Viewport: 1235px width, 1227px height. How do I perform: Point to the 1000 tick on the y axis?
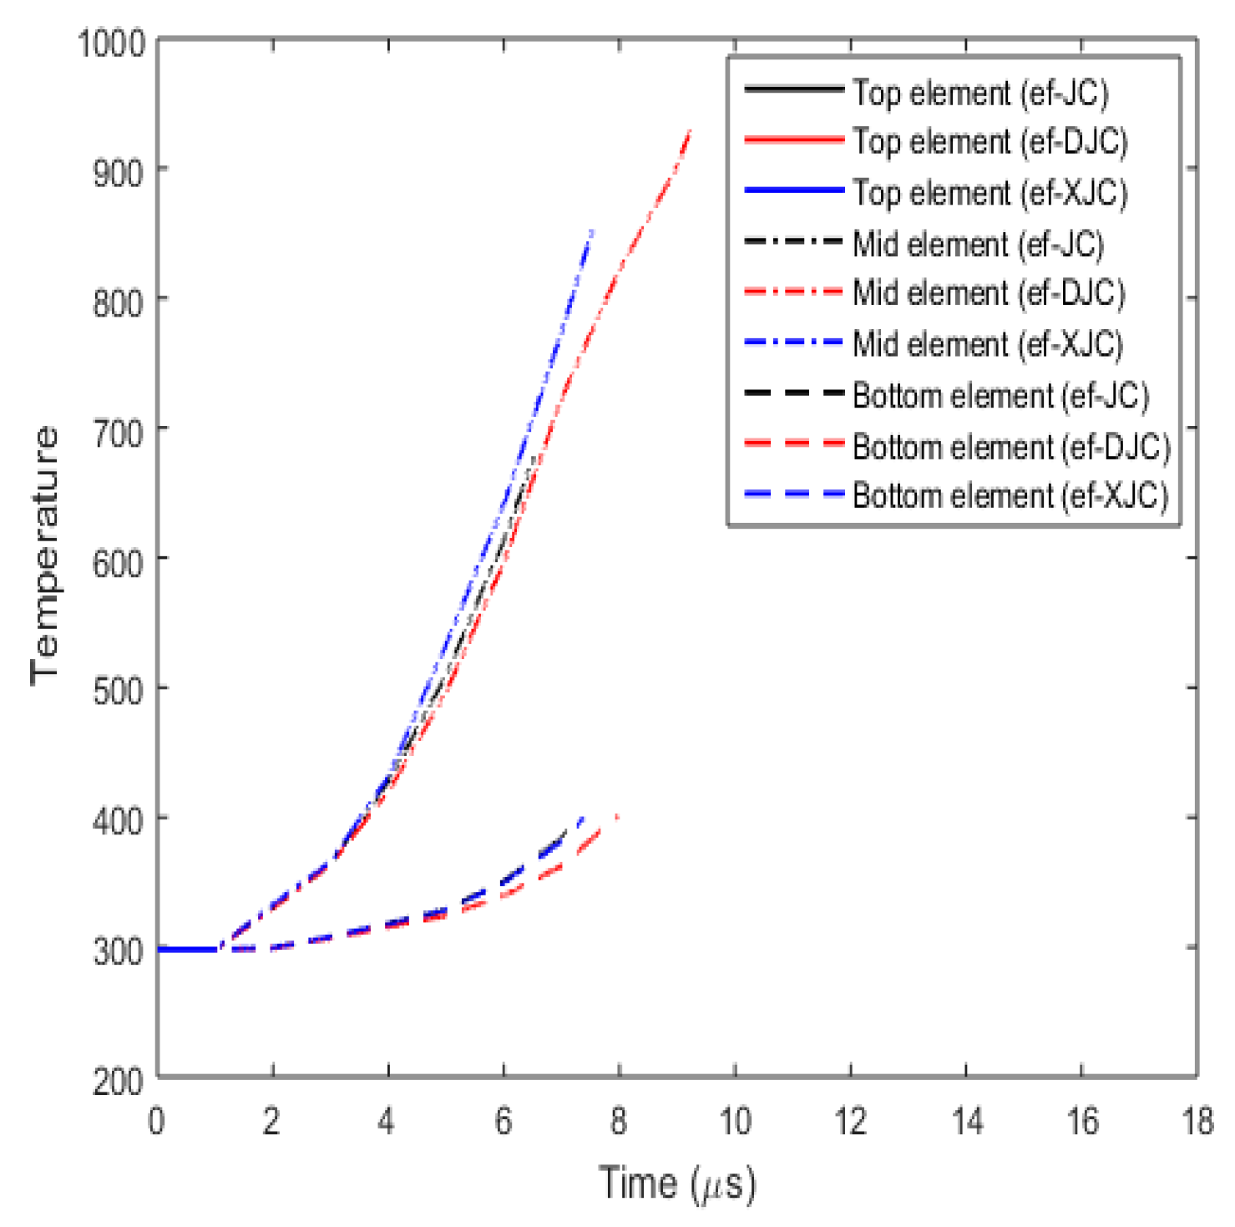tap(112, 42)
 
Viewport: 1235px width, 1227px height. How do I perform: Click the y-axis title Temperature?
tap(45, 555)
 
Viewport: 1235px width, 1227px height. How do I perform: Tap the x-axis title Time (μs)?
tap(676, 1183)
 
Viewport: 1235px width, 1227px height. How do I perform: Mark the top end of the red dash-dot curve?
tap(690, 131)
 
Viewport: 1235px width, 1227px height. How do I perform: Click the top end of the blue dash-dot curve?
tap(592, 231)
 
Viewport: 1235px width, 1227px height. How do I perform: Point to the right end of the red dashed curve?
tap(617, 816)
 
